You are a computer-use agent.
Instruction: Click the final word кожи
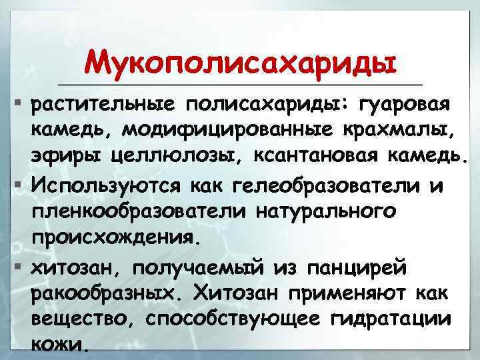(59, 345)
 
